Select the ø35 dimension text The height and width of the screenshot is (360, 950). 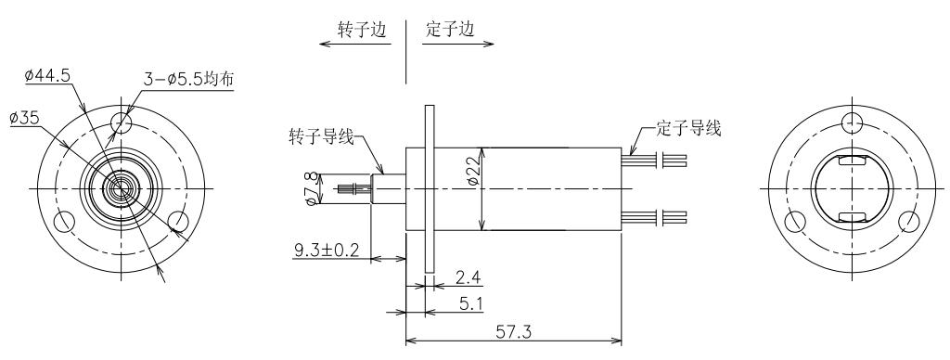pos(25,118)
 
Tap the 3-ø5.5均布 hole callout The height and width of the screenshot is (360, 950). pos(188,79)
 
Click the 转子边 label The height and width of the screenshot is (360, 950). pos(363,29)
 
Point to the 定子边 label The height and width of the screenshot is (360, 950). pos(450,29)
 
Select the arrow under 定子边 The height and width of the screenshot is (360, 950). pos(458,44)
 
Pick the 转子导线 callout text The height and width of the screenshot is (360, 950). pos(321,137)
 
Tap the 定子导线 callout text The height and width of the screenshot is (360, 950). pos(689,128)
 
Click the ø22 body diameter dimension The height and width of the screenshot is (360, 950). pos(474,171)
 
